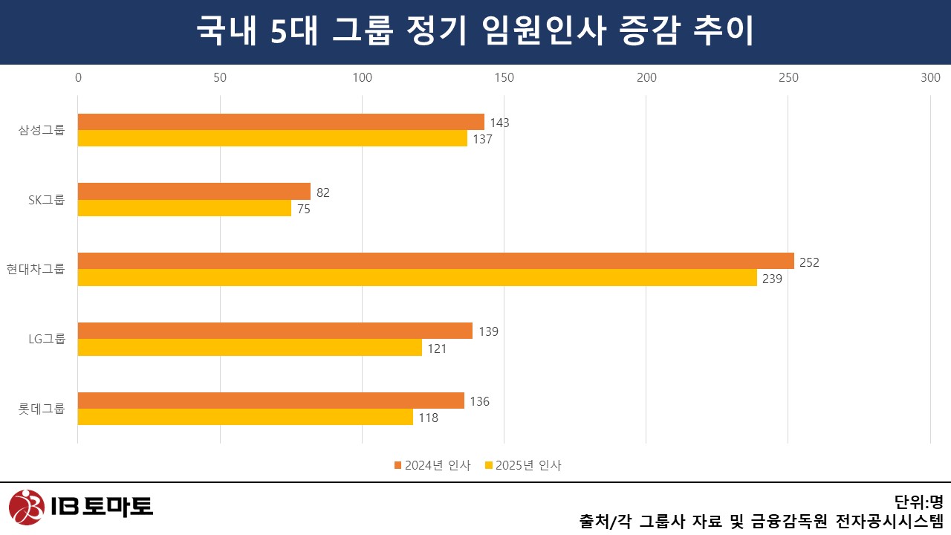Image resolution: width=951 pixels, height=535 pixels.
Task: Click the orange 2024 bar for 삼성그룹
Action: (x=281, y=122)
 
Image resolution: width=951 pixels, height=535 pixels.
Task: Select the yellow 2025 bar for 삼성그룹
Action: (x=272, y=138)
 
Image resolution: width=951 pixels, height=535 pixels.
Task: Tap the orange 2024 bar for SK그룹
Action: (x=194, y=192)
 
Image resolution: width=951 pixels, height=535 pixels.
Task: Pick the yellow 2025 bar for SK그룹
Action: (x=184, y=208)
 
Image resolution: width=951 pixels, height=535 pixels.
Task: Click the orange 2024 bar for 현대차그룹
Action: (x=435, y=261)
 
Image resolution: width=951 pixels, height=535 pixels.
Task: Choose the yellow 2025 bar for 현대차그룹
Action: (x=417, y=278)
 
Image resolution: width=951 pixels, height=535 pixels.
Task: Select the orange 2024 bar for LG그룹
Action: (x=275, y=331)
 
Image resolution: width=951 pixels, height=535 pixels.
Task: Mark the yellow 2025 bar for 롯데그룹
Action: (x=245, y=417)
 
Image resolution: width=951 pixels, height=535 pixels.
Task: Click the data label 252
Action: (x=809, y=262)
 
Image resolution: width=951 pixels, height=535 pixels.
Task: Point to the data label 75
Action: (x=304, y=210)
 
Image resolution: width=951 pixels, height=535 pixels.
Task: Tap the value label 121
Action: (x=437, y=348)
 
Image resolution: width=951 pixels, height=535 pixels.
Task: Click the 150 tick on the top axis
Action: (x=504, y=77)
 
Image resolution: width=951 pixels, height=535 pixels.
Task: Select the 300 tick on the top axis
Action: (x=930, y=77)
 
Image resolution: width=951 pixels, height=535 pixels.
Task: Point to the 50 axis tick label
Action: (x=220, y=77)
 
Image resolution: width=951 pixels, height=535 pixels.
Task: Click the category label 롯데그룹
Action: (x=42, y=409)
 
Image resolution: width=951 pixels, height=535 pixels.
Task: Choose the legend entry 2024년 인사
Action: (x=432, y=466)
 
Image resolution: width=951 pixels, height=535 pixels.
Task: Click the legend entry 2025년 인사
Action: (x=523, y=466)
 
